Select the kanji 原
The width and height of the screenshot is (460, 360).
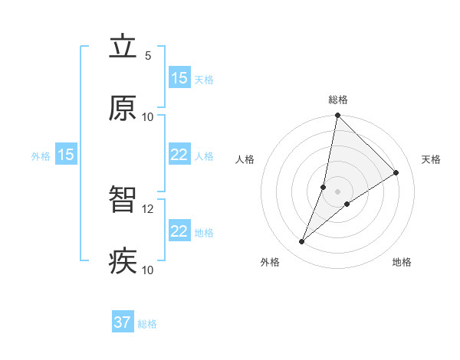[x=123, y=109]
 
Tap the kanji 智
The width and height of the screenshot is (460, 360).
[x=123, y=201]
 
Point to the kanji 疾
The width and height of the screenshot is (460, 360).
[x=123, y=262]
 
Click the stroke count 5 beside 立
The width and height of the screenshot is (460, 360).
[x=148, y=56]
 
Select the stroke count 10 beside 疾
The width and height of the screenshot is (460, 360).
[x=148, y=270]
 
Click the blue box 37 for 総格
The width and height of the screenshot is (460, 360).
[x=123, y=322]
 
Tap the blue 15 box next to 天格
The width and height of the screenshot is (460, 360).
[x=179, y=78]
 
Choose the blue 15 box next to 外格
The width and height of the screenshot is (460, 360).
[x=66, y=155]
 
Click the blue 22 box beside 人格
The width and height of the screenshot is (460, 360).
[x=179, y=155]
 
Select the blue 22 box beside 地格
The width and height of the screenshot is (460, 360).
[x=179, y=231]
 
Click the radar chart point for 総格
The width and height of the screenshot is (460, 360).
[x=337, y=116]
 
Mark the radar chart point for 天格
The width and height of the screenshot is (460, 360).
[x=396, y=173]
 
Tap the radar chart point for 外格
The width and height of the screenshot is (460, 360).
[x=301, y=242]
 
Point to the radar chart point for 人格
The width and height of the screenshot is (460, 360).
[x=324, y=187]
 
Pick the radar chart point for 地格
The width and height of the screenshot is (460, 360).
[x=347, y=204]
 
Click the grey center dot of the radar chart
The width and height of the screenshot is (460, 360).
[x=337, y=191]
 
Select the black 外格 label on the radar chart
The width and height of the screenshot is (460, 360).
[x=270, y=263]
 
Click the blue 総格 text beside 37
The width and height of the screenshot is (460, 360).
[x=147, y=324]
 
